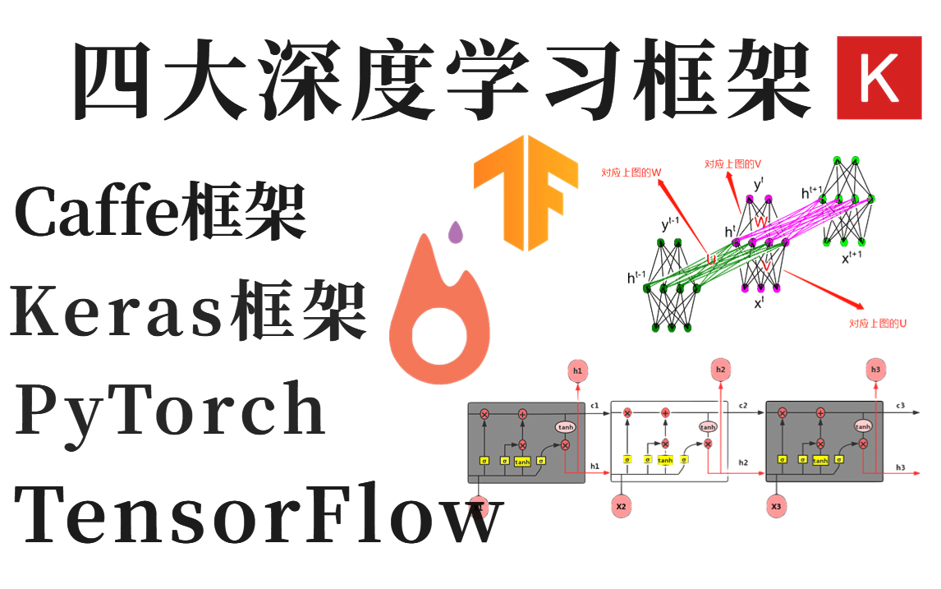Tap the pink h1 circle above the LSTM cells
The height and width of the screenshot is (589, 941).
point(576,371)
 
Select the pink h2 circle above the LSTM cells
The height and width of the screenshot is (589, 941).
point(721,370)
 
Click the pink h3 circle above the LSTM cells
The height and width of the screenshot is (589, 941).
point(876,370)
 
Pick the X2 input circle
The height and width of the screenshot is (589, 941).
point(621,507)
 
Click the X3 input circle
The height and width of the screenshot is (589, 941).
point(776,507)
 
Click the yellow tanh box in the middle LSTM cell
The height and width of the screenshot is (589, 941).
point(665,460)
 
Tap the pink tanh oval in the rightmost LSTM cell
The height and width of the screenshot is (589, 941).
point(862,426)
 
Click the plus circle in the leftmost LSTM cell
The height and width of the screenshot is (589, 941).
point(522,414)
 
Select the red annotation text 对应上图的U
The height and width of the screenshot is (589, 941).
point(878,324)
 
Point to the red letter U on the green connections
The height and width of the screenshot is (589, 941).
point(712,259)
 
